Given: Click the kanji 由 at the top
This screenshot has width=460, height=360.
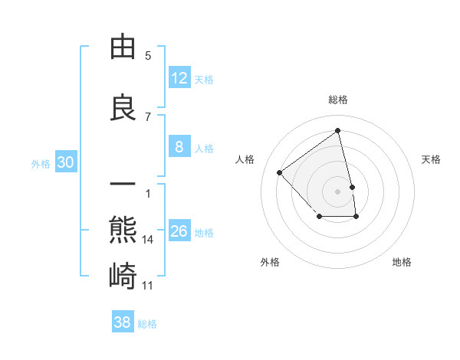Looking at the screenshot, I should coord(123,47).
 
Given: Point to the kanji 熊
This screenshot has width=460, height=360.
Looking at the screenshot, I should coord(123,231).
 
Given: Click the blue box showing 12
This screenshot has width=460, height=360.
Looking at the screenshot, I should coord(179,78).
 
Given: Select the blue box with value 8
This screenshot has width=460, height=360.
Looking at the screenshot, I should coord(179,147).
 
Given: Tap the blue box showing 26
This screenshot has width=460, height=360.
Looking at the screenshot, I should coord(179,231).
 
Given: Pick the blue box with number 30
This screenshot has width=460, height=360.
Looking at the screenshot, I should coord(65,162).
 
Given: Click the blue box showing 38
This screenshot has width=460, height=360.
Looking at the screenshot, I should coord(123,322).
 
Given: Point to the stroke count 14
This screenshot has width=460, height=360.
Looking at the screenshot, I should coord(148,240).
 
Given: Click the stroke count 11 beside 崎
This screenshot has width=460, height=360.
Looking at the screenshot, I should coord(148,286).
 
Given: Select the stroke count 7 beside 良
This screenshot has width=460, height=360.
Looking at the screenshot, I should coord(148,117).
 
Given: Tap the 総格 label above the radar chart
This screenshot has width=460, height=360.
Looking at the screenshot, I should coord(338,100).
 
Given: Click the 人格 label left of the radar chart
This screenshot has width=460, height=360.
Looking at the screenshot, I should coord(245,159).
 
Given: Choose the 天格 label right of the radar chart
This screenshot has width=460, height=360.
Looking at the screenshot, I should coord(432,159).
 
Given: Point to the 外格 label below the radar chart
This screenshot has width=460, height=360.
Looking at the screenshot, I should coord(270,262).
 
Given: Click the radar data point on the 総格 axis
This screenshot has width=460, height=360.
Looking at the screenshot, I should coord(338,130).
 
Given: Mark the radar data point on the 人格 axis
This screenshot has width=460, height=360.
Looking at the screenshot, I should coord(280,172).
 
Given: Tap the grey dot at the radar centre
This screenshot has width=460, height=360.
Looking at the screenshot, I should coord(338,191).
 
